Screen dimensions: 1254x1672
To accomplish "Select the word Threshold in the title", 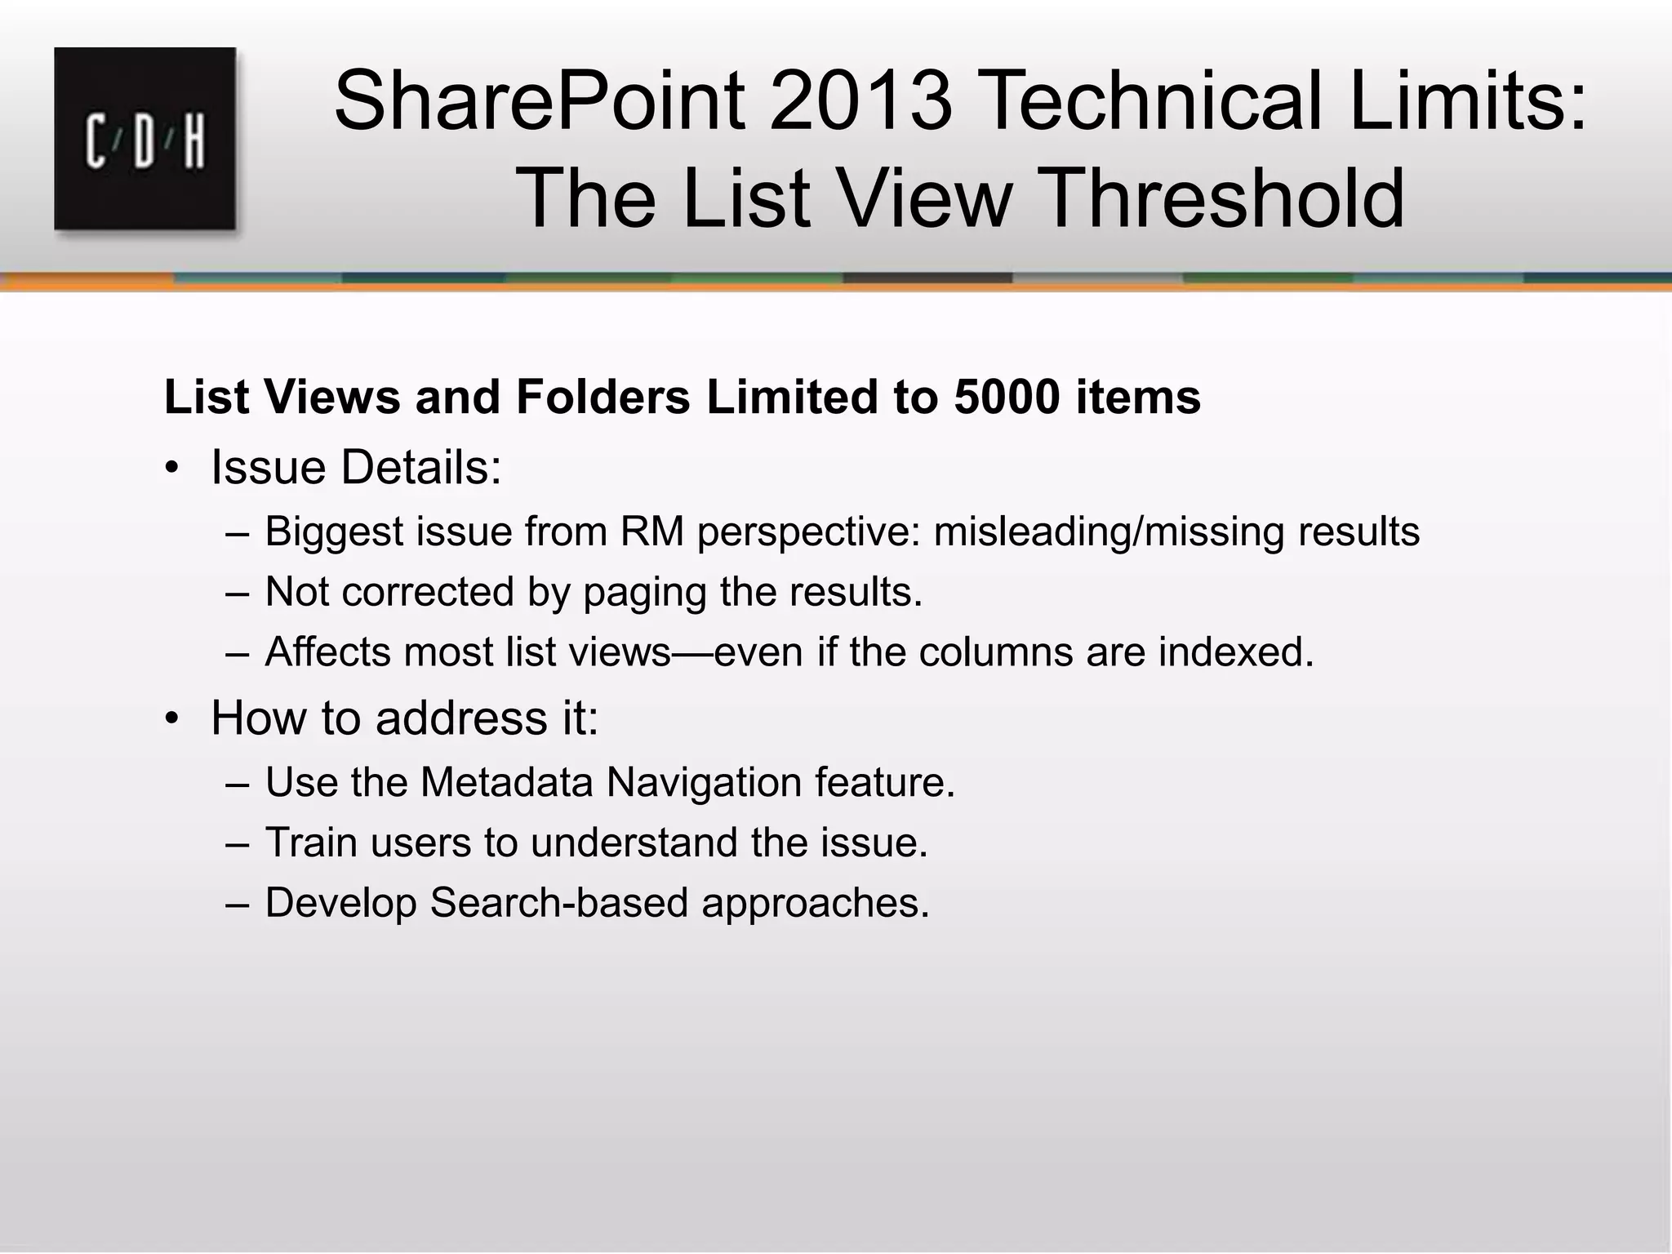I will tap(1225, 198).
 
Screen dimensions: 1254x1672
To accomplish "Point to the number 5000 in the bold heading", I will tap(1007, 398).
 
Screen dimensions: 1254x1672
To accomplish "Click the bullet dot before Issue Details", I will tap(171, 469).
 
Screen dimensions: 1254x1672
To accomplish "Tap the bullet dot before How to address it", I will tap(171, 719).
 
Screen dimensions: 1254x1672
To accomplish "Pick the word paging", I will tap(645, 593).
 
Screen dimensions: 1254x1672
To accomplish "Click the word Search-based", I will tap(559, 903).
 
